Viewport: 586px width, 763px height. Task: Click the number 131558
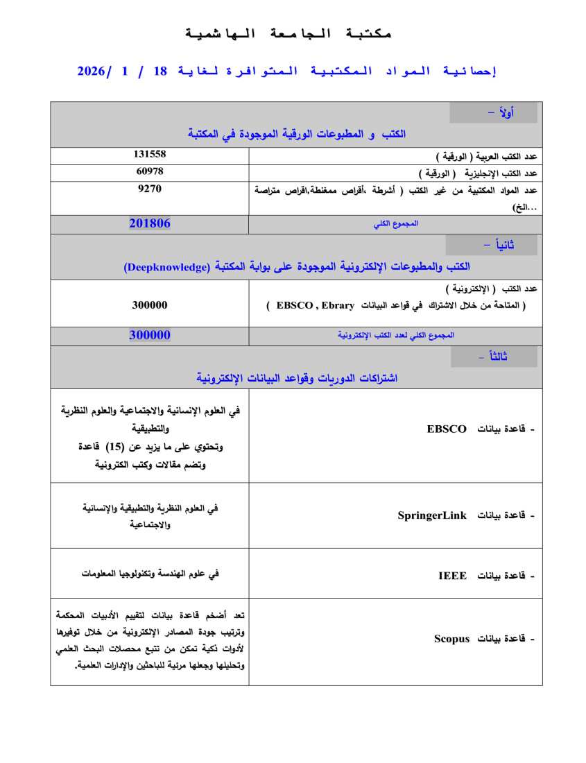point(149,154)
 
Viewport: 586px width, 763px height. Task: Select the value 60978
point(149,171)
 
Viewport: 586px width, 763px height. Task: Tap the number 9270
point(149,187)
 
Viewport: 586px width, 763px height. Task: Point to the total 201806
point(149,223)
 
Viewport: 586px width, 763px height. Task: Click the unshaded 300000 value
point(149,305)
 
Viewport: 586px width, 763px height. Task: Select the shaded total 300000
point(149,334)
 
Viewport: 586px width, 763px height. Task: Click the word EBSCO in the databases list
point(447,429)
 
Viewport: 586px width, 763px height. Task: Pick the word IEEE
point(453,576)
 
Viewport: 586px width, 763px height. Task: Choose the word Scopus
point(452,638)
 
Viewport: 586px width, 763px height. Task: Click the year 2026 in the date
point(91,71)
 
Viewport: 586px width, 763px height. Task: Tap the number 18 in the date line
point(160,71)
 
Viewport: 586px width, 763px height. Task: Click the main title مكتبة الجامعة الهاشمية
point(289,33)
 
